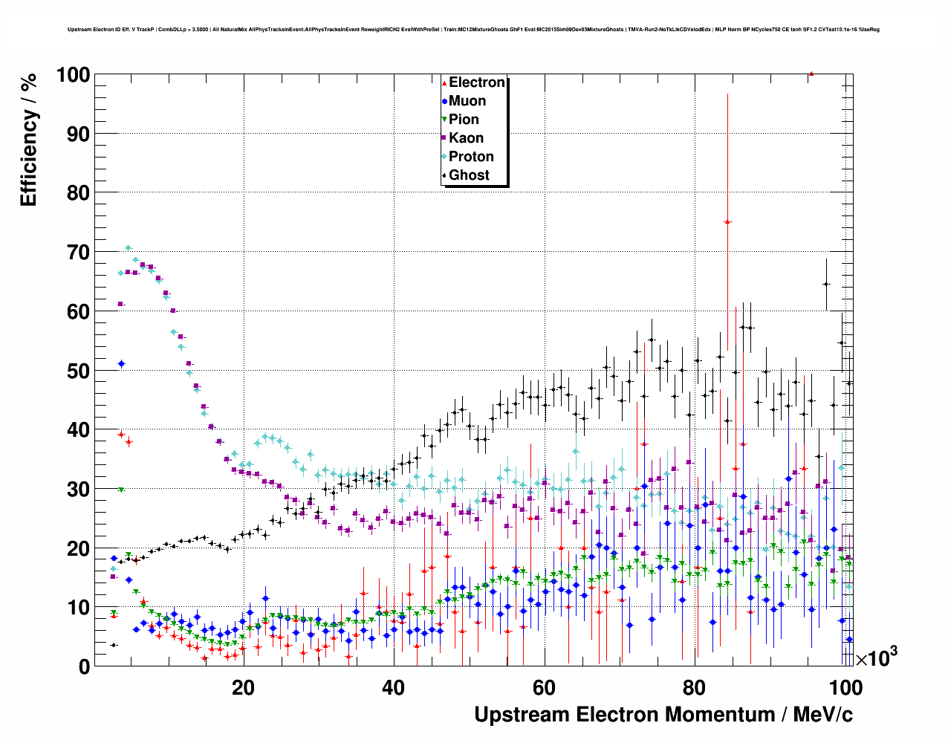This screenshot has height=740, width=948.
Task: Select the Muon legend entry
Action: pos(467,101)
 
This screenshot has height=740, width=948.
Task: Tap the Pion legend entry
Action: pos(464,120)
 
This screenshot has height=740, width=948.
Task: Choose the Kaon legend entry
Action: pos(466,138)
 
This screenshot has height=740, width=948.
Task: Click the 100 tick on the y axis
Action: pos(73,75)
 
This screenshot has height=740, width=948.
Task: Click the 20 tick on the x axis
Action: pos(243,687)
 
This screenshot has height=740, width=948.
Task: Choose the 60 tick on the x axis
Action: pos(544,687)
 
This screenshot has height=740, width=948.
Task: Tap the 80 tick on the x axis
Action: pos(695,687)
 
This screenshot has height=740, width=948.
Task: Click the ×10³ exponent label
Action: pos(876,657)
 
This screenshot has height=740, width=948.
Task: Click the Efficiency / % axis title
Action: pos(28,139)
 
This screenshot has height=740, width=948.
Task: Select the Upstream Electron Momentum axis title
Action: pos(663,715)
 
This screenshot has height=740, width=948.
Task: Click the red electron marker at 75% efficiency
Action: pos(728,222)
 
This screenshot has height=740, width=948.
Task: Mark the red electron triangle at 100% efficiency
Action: pos(811,74)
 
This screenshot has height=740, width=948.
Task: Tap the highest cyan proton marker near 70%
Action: pos(128,248)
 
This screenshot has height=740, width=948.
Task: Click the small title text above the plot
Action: pos(473,30)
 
